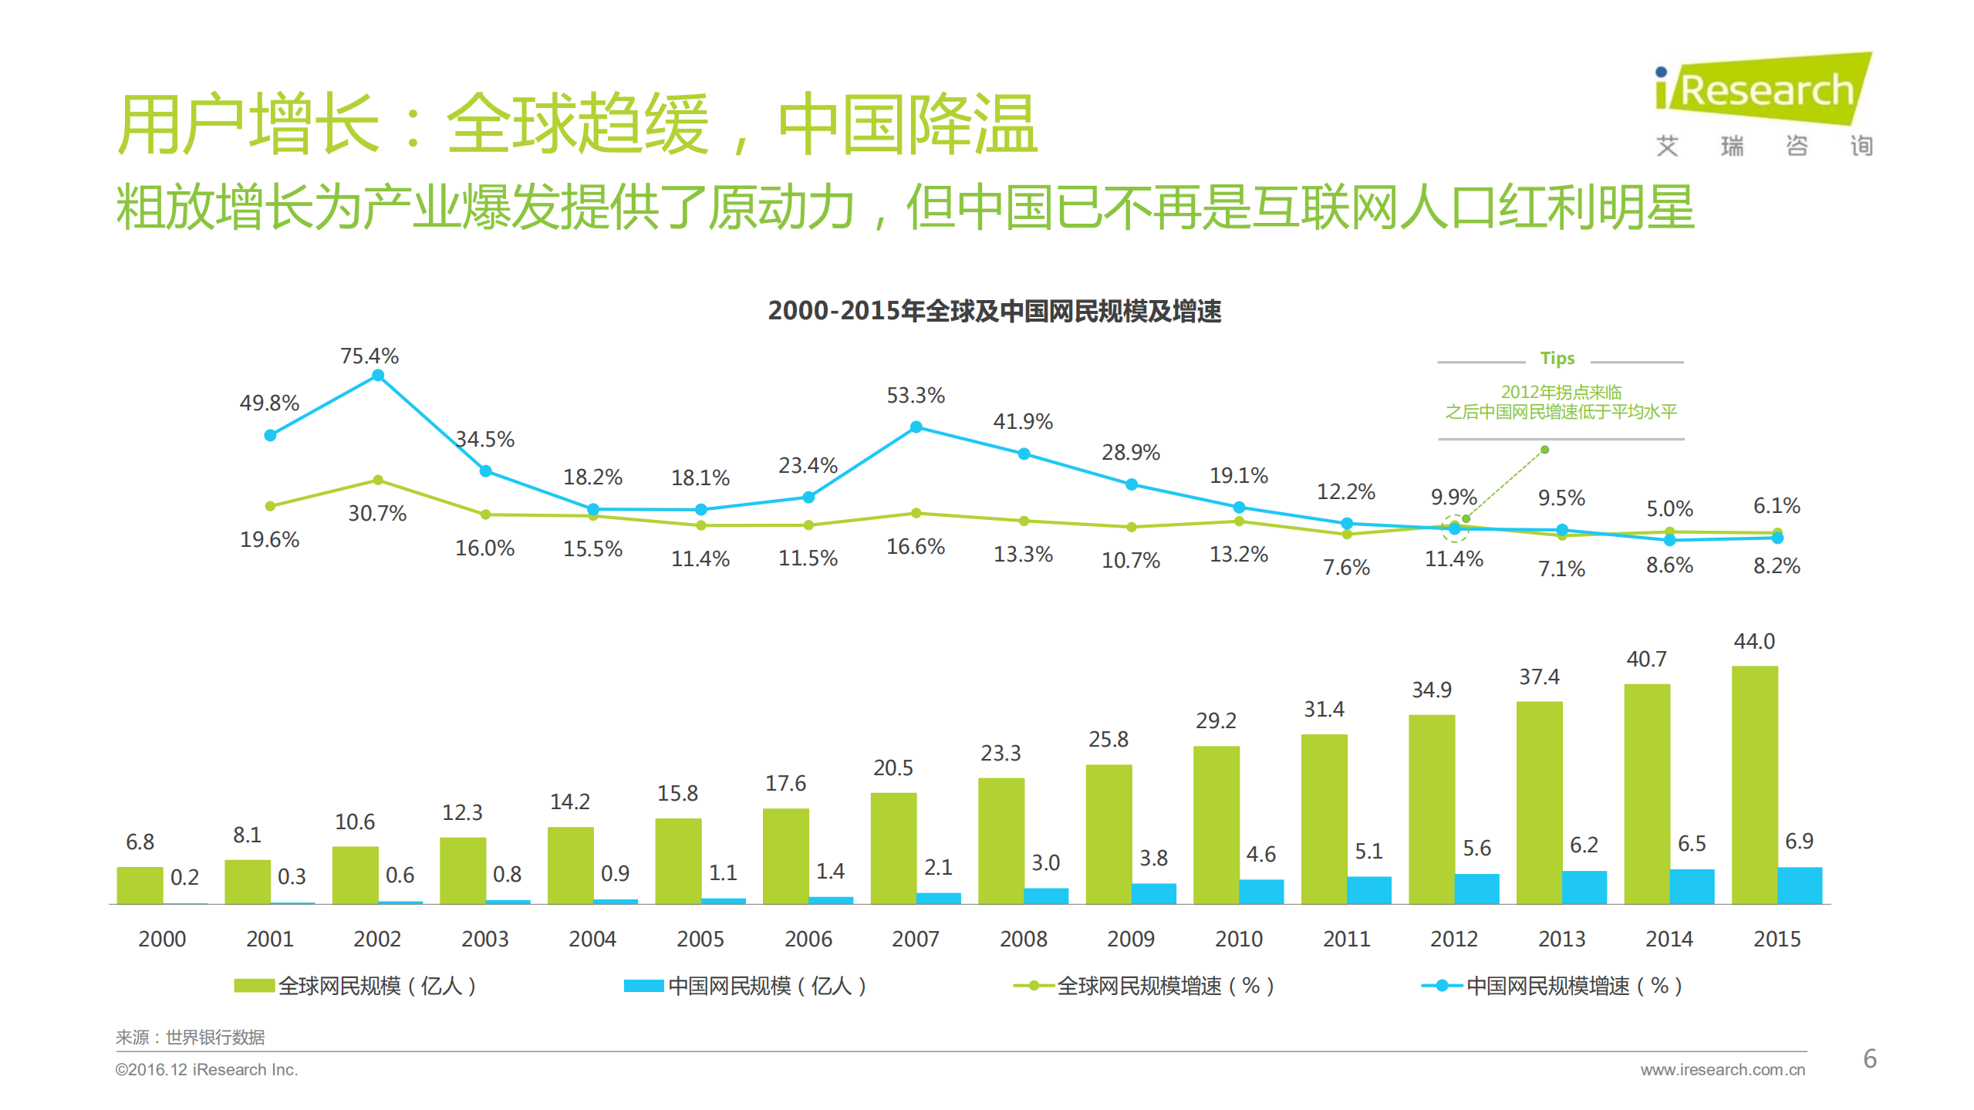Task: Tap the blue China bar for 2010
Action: click(1261, 891)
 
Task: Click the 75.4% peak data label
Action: click(369, 356)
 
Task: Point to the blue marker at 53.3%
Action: click(916, 427)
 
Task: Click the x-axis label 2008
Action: click(1023, 939)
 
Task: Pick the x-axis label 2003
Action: click(484, 939)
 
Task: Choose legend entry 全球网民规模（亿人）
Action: click(356, 985)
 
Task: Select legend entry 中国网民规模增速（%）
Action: click(1551, 985)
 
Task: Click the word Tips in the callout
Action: click(1557, 358)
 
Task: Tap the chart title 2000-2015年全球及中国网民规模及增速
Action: click(994, 311)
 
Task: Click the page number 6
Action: click(1869, 1058)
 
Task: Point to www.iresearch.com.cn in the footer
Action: click(1722, 1069)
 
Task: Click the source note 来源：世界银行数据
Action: click(190, 1037)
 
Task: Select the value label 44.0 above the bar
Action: click(1754, 641)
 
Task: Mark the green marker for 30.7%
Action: click(378, 480)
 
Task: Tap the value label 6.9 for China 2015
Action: click(1799, 841)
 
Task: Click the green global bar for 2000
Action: click(140, 885)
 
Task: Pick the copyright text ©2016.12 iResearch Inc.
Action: click(206, 1069)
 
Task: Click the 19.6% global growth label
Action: click(269, 539)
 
